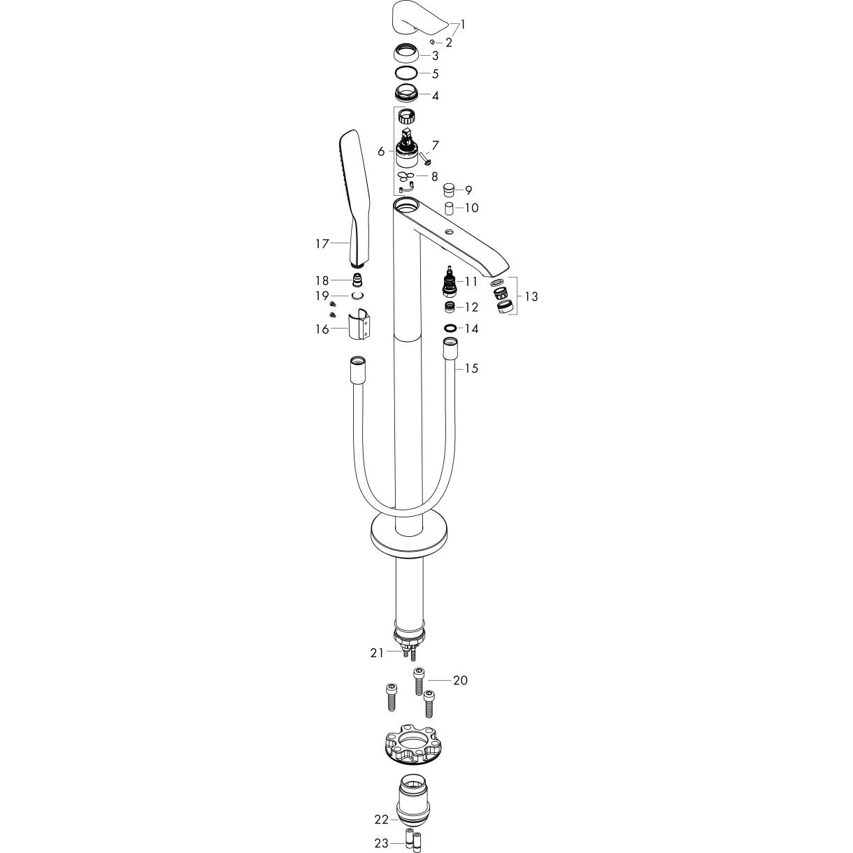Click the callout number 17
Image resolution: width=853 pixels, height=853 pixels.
click(322, 244)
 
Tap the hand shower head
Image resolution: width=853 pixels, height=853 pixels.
click(353, 199)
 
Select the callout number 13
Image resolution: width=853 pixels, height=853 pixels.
click(531, 296)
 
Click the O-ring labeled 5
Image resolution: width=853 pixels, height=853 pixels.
click(406, 73)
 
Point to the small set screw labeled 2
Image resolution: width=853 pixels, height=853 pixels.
click(432, 42)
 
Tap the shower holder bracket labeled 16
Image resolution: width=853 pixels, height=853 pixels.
click(359, 324)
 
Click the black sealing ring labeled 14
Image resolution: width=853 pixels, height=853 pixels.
click(450, 328)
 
